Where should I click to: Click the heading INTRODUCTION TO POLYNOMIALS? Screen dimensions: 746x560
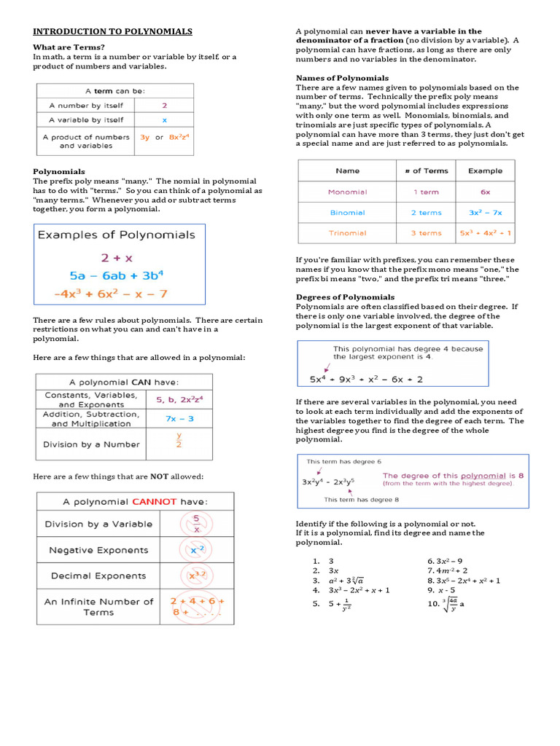(x=112, y=31)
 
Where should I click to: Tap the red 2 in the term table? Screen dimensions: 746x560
(x=164, y=105)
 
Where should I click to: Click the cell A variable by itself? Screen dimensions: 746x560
(x=85, y=119)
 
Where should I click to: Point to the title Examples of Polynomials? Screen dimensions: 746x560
(x=116, y=235)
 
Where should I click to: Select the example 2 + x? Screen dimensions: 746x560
(x=117, y=256)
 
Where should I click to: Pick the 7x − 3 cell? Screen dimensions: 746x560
(x=179, y=418)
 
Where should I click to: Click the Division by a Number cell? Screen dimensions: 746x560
(x=91, y=444)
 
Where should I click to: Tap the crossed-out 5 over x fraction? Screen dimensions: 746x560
(x=196, y=524)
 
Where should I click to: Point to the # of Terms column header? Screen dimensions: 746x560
(x=426, y=170)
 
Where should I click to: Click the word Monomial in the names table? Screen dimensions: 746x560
(x=347, y=192)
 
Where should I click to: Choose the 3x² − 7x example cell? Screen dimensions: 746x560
(x=485, y=213)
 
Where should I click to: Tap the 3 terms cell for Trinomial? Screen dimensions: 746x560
(x=426, y=233)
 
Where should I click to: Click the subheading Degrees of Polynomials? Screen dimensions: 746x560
(x=345, y=297)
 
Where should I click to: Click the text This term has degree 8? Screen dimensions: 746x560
(x=361, y=500)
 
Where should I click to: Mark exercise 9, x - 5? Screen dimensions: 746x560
(x=441, y=590)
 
